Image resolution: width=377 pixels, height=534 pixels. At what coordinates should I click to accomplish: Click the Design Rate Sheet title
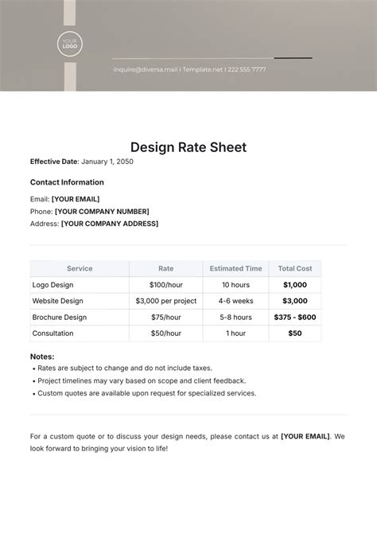tap(188, 146)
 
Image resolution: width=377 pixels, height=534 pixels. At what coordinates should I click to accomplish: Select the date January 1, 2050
tap(107, 162)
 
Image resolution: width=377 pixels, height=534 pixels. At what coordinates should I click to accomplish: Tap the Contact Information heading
tap(67, 182)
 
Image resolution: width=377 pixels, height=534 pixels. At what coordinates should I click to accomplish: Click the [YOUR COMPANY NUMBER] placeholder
tap(102, 212)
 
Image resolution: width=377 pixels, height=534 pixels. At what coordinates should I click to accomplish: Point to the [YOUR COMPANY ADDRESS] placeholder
tap(110, 224)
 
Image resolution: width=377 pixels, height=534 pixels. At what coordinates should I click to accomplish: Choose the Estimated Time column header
tap(235, 269)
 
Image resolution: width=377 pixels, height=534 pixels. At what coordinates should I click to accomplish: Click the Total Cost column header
tap(295, 269)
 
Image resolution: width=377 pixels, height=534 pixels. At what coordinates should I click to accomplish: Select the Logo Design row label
tap(52, 285)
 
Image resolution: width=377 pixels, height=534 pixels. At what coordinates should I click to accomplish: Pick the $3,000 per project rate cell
tap(165, 301)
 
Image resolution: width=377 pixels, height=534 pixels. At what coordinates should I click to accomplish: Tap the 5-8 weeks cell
tap(235, 317)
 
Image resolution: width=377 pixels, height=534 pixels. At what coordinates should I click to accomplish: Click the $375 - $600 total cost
tap(295, 317)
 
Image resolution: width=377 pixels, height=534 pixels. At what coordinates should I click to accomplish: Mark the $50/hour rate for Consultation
tap(165, 333)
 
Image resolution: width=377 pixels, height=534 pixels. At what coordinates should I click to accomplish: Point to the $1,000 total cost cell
tap(295, 285)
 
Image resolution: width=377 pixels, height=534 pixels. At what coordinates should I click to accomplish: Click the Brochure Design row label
tap(59, 317)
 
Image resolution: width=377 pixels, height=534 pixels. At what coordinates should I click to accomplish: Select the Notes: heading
tap(42, 357)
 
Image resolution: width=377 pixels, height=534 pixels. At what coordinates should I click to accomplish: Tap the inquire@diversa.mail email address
tap(145, 69)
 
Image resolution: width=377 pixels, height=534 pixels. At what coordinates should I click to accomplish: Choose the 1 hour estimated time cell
tap(235, 333)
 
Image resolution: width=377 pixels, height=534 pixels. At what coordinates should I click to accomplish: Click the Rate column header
tap(165, 269)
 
